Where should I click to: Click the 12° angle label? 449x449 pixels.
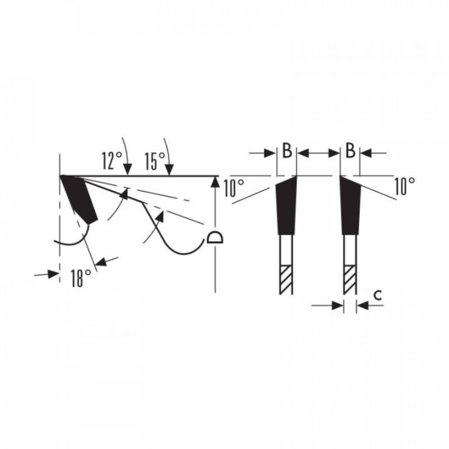[x=112, y=160]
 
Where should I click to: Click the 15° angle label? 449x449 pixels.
[x=155, y=161]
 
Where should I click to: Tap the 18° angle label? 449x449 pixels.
[x=81, y=278]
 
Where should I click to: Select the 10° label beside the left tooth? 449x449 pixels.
[x=234, y=188]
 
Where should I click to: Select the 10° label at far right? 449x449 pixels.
[x=405, y=186]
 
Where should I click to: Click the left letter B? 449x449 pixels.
[x=287, y=150]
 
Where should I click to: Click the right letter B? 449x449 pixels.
[x=350, y=150]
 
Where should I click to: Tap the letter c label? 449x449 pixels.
[x=378, y=295]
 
